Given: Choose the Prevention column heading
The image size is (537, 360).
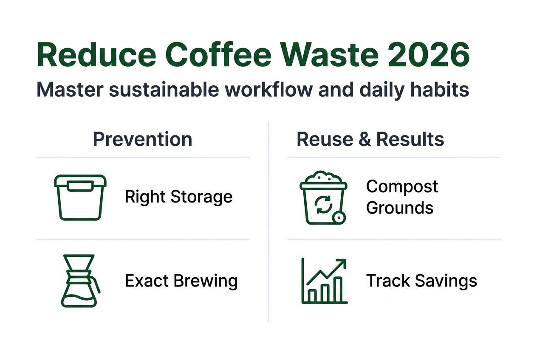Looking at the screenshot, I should coord(142,139).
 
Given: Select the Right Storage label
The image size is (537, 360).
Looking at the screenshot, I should coord(178,197).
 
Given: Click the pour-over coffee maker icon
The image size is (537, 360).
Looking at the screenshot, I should coord(80,281).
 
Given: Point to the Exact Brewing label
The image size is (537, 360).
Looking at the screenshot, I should coord(181,281).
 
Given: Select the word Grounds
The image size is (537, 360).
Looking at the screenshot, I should coord(399,208).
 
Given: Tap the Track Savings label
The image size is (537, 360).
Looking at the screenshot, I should coord(421,281).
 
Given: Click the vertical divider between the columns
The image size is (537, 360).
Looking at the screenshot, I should coord(268,221).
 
